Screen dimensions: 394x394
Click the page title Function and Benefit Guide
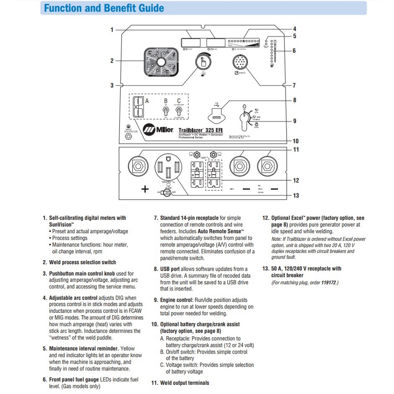tap(104, 8)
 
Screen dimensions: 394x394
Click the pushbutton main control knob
tap(203, 61)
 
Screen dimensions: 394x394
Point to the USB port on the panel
tap(216, 117)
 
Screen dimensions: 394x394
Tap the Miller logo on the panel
tap(159, 130)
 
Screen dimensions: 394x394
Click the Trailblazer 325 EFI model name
tap(201, 130)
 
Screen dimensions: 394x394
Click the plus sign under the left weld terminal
tap(145, 189)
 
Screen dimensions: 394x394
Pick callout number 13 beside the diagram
tap(296, 195)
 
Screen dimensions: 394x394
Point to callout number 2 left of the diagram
tap(112, 60)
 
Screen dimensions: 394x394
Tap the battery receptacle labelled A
tap(138, 106)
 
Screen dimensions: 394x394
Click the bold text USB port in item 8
tap(170, 269)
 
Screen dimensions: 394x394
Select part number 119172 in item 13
tap(329, 282)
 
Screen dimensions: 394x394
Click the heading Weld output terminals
tap(185, 383)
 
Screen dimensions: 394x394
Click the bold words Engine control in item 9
tap(177, 300)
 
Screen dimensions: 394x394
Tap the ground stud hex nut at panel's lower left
tap(129, 137)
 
